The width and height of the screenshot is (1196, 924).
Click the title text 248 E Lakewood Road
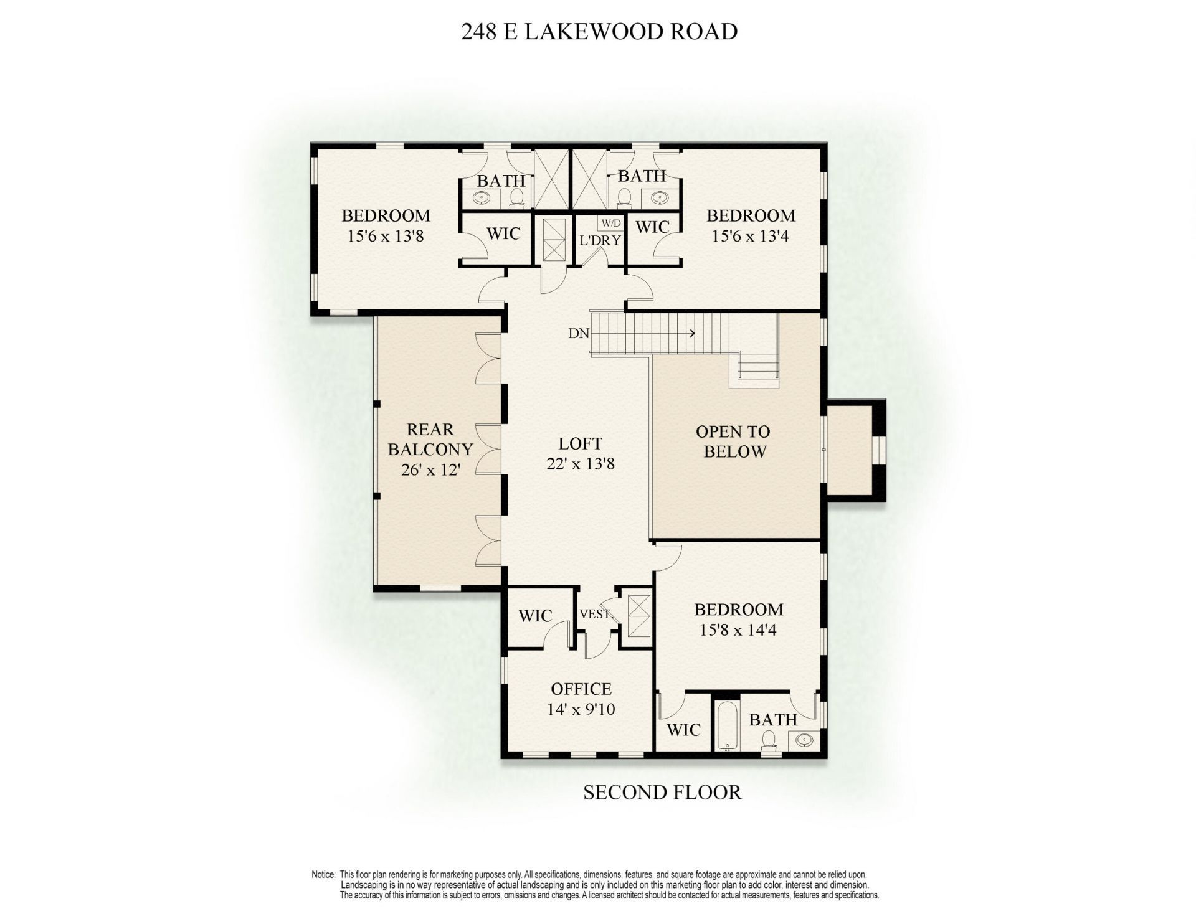click(x=599, y=31)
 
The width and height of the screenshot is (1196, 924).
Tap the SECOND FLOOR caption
click(x=662, y=793)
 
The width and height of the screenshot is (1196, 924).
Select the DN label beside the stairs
click(x=579, y=334)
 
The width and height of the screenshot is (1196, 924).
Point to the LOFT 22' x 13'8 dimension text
click(x=580, y=464)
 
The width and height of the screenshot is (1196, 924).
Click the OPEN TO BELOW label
click(x=733, y=441)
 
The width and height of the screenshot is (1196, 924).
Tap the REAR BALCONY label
click(x=430, y=439)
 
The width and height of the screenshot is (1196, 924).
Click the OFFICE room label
click(x=581, y=689)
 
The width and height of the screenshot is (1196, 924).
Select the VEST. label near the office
click(x=595, y=614)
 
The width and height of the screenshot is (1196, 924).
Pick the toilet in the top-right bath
click(x=624, y=198)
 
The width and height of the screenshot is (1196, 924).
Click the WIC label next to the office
click(x=535, y=616)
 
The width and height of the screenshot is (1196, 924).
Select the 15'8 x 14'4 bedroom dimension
click(x=738, y=630)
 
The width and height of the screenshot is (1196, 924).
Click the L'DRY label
click(x=600, y=240)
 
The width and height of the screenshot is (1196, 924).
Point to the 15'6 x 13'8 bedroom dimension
click(x=386, y=236)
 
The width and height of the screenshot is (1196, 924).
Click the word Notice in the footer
click(x=323, y=875)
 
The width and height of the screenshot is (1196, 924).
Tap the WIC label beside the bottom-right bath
click(x=683, y=730)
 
